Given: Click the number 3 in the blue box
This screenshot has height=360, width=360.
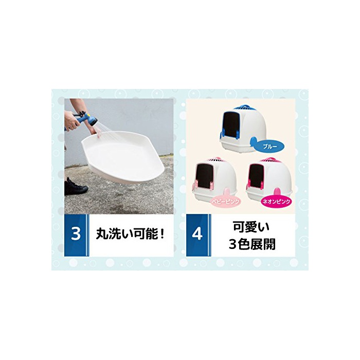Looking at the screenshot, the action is point(76,233).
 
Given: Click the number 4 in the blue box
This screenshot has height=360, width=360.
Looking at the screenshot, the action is point(197,234).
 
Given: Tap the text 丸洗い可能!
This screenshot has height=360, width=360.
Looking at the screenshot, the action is point(131,233).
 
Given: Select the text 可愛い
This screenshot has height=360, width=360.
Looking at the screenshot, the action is point(251,227).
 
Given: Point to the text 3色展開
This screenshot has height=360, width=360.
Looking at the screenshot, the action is point(252,244).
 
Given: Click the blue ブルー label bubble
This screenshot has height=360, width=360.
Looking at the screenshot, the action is point(270,147).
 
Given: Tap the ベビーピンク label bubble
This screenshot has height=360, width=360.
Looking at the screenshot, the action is point(225,202).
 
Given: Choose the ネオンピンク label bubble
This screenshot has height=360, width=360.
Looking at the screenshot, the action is point(277,202).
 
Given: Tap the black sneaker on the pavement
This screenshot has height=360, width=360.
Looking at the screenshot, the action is point(75,187).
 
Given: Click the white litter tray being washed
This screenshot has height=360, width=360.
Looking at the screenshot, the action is point(123,156).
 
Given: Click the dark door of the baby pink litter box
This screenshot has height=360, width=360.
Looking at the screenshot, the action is point(204,175).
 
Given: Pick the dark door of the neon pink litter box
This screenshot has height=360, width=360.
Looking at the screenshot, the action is point(257,175).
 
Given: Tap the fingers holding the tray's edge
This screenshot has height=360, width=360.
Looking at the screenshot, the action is point(97,132).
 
